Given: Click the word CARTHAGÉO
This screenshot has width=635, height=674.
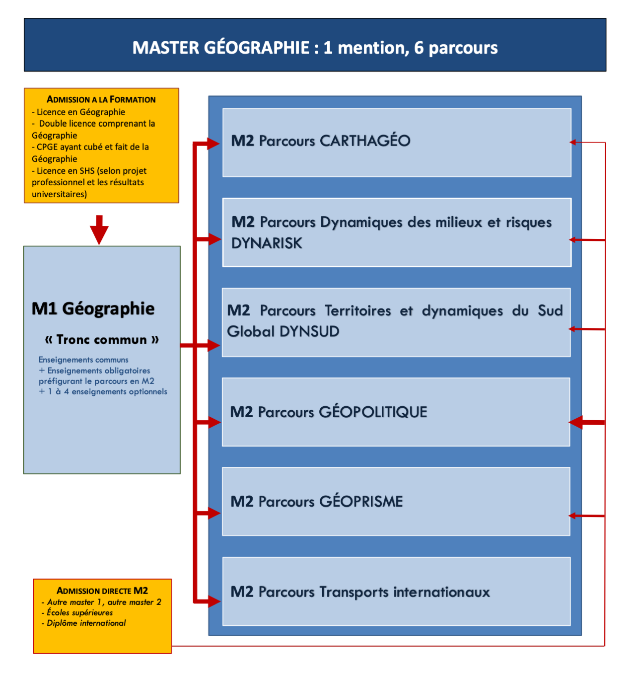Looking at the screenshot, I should pyautogui.click(x=365, y=141).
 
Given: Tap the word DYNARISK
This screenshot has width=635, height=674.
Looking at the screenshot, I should pyautogui.click(x=267, y=243).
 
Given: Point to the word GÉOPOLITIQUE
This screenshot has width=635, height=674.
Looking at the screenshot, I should pyautogui.click(x=373, y=412).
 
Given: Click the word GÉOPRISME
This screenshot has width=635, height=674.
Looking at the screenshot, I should pyautogui.click(x=361, y=502).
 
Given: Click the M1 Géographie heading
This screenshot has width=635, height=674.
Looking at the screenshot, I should pyautogui.click(x=93, y=308).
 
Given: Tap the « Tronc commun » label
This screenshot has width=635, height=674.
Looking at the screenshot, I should pyautogui.click(x=102, y=340).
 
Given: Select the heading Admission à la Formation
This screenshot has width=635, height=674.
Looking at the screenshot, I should pyautogui.click(x=101, y=99).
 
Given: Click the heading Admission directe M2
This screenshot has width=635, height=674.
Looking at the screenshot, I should pyautogui.click(x=102, y=591).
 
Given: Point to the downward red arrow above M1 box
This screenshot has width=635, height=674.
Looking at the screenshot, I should pyautogui.click(x=99, y=230).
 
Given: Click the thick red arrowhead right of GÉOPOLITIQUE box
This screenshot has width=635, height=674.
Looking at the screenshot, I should pyautogui.click(x=577, y=423).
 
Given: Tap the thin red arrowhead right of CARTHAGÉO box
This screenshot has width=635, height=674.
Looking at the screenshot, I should pyautogui.click(x=573, y=143).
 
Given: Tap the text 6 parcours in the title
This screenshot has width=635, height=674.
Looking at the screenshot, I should pyautogui.click(x=456, y=48).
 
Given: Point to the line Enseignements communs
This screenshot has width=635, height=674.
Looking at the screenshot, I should pyautogui.click(x=83, y=360).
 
